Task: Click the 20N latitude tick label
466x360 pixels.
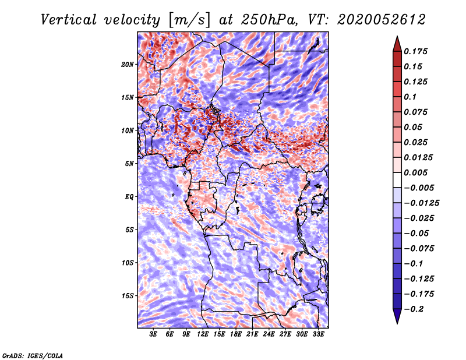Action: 128,64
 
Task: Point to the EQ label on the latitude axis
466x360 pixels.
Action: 129,196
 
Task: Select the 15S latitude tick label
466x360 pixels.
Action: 128,295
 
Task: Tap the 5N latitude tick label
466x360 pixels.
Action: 130,163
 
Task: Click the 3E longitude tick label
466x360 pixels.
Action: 154,334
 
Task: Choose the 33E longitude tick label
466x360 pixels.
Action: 318,334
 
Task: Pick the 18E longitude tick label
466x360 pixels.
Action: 236,334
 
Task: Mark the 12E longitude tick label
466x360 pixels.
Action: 203,334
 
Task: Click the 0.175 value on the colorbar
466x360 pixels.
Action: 417,51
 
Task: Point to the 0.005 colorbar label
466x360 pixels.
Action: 417,172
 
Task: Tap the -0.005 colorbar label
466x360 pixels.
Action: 419,188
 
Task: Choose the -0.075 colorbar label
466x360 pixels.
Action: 419,248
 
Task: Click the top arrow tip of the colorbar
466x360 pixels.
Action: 396,37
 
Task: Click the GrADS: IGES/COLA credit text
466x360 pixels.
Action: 32,355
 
